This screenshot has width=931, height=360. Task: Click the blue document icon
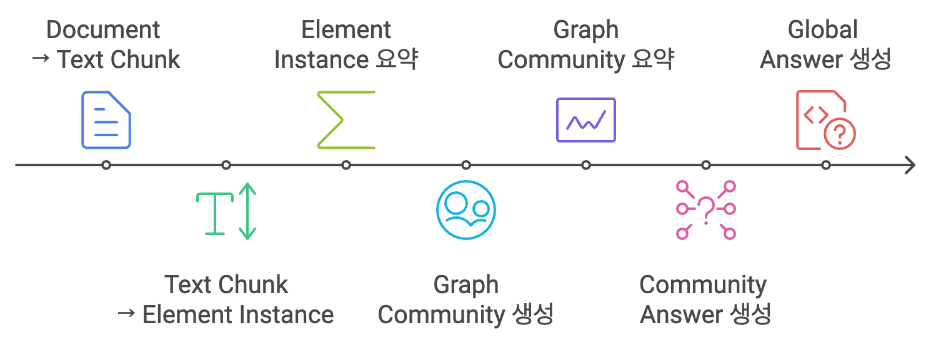[x=106, y=120]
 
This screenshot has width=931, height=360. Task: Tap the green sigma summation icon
[x=346, y=120]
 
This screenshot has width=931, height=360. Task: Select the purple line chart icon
[x=585, y=120]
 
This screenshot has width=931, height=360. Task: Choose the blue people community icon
[x=466, y=211]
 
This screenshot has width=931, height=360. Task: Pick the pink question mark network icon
[x=706, y=211]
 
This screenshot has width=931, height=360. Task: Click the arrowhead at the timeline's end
[x=910, y=166]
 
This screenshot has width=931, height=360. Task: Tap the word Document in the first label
[x=103, y=30]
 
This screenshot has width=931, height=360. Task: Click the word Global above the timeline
[x=823, y=30]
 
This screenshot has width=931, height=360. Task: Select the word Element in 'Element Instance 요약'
[x=346, y=30]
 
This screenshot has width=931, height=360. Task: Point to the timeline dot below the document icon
[x=106, y=166]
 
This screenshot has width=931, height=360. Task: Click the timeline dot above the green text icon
[x=226, y=166]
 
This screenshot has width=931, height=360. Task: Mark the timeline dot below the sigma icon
[x=346, y=166]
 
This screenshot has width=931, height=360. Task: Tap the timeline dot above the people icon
[x=466, y=166]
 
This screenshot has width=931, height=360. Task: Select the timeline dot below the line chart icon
[x=586, y=166]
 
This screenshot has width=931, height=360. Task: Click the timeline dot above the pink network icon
[x=706, y=166]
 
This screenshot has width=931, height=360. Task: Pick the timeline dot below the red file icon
[x=826, y=166]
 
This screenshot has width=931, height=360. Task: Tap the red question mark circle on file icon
[x=840, y=134]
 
